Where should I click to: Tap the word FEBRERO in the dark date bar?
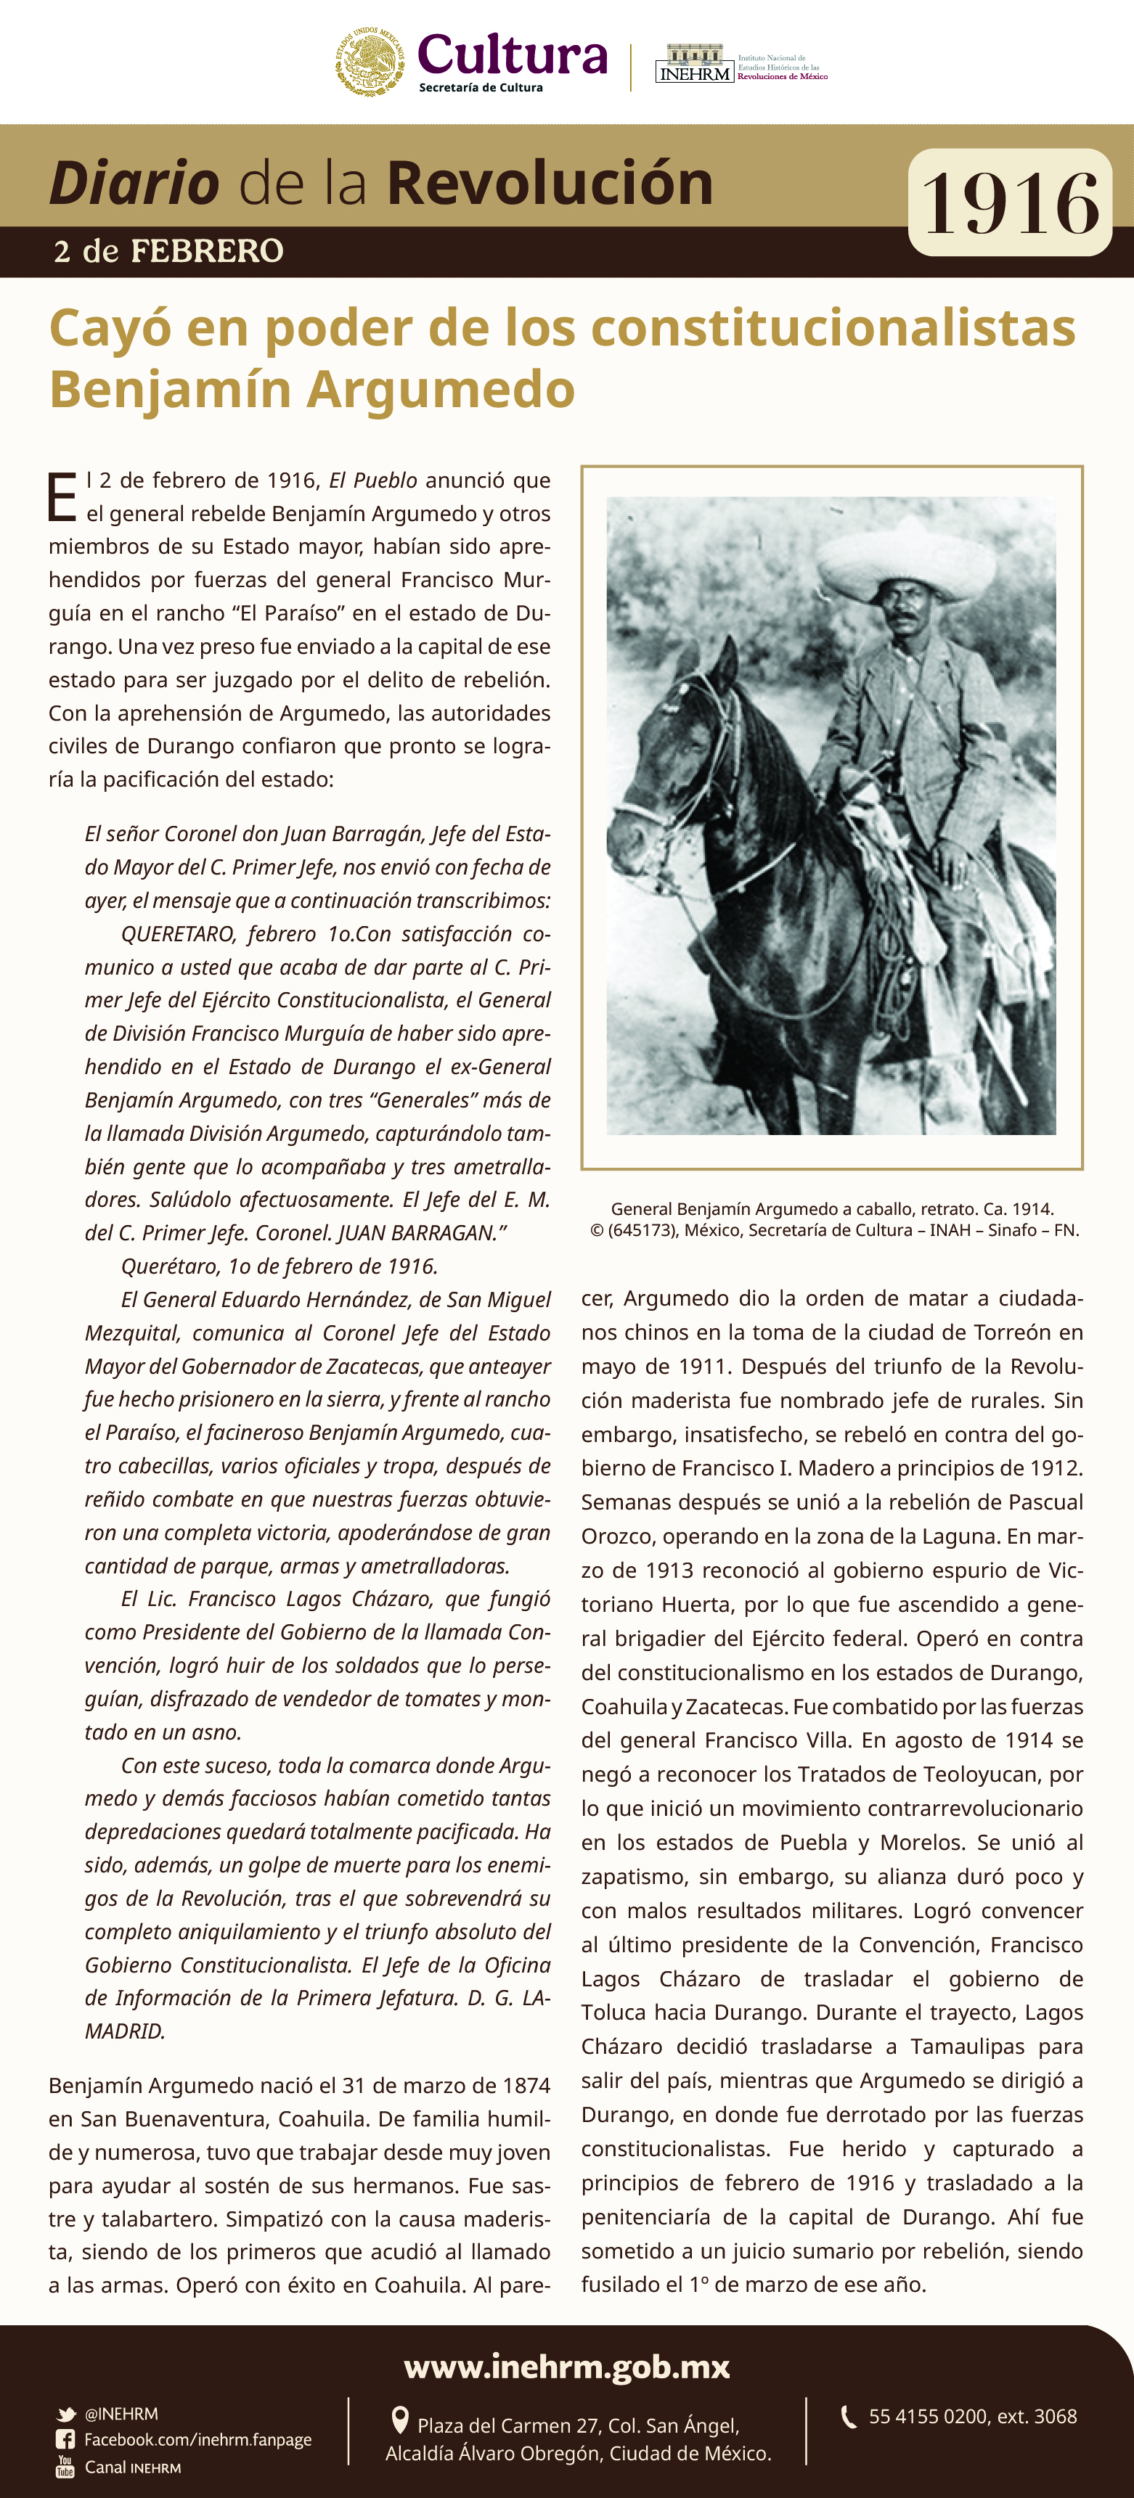click(x=207, y=251)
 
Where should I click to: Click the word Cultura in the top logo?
click(x=513, y=55)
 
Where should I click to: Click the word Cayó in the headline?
click(x=109, y=328)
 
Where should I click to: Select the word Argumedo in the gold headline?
click(x=441, y=390)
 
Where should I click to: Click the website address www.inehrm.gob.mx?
click(x=566, y=2367)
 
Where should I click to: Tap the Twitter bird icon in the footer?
click(x=66, y=2415)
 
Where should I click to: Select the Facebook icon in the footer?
click(x=65, y=2440)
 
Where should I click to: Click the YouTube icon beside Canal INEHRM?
click(x=65, y=2467)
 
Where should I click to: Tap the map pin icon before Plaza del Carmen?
click(x=399, y=2420)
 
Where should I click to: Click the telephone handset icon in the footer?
click(x=848, y=2417)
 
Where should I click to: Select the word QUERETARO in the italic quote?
click(x=178, y=934)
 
